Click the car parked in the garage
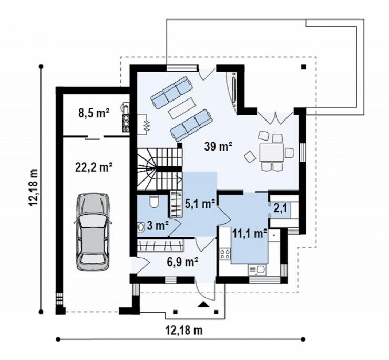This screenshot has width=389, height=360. coord(93,231)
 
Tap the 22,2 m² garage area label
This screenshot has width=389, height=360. coord(94,167)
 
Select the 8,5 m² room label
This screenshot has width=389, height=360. coord(94,113)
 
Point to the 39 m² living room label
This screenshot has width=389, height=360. coord(218,146)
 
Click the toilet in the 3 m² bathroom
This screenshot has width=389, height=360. coord(154,202)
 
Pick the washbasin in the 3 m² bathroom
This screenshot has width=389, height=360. coord(141,227)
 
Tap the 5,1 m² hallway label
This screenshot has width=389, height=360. coord(200,204)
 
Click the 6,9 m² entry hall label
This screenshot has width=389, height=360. coord(182,262)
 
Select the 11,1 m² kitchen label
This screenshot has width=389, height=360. coord(250,233)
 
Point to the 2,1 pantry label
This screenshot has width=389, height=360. coord(280,208)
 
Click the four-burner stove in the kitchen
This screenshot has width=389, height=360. coord(225,254)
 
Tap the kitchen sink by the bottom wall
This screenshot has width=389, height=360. coord(257,270)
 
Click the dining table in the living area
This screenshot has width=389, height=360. coord(271,152)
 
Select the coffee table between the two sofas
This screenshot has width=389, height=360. coord(182,107)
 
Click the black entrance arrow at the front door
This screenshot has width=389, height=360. coord(203,304)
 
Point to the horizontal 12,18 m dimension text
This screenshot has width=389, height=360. coord(184,330)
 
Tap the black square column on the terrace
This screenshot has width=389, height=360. coord(304,67)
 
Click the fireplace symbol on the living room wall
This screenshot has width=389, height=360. coord(142,124)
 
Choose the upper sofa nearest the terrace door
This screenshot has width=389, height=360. coord(172,92)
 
